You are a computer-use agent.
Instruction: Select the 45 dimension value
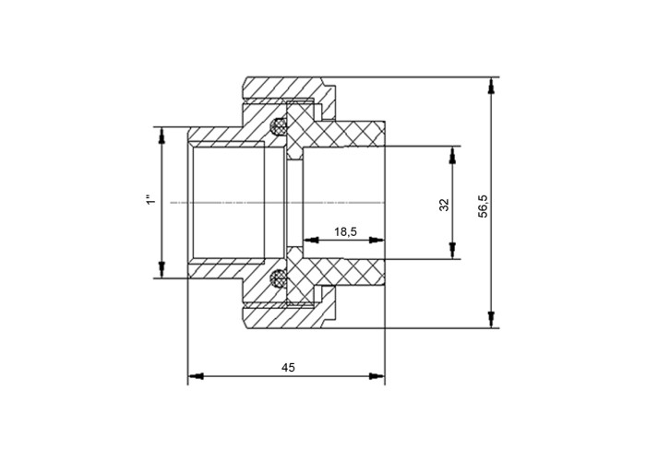click(x=288, y=367)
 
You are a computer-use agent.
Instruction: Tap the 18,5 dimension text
click(x=345, y=232)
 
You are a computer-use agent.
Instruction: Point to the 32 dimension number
click(x=444, y=205)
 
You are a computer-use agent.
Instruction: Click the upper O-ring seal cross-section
click(x=278, y=126)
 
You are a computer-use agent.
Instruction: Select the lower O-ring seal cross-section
click(x=278, y=279)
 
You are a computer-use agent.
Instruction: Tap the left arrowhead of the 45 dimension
click(x=196, y=376)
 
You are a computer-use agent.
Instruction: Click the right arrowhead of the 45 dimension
click(x=377, y=376)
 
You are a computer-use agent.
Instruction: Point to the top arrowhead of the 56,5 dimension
click(x=490, y=87)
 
